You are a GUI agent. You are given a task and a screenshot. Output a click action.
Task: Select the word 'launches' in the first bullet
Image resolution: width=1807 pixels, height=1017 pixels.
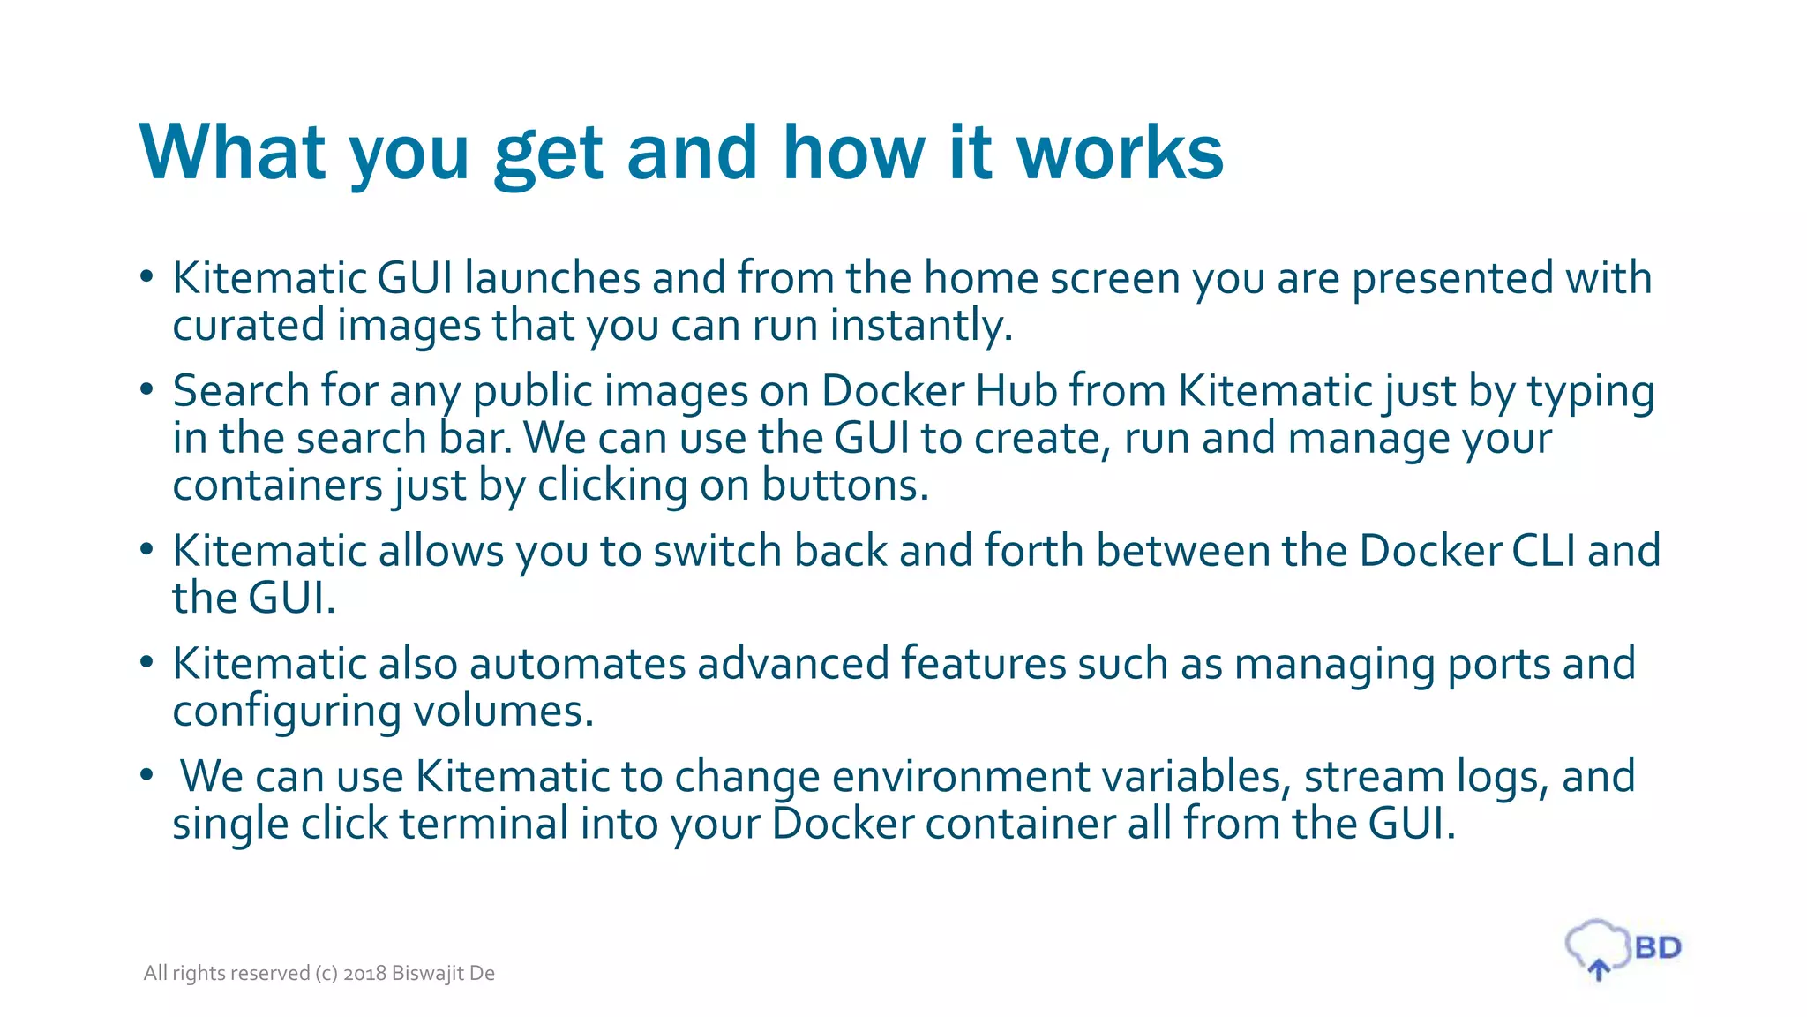(551, 278)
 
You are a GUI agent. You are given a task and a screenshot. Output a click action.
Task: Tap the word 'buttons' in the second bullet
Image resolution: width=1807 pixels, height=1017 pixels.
(844, 486)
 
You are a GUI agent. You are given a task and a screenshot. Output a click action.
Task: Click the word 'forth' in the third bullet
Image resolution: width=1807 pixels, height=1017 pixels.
(1033, 551)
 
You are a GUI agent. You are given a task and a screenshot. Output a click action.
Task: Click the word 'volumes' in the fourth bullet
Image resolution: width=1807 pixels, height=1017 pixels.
(501, 711)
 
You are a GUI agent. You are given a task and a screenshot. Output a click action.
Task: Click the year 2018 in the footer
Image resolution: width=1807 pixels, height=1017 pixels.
(364, 973)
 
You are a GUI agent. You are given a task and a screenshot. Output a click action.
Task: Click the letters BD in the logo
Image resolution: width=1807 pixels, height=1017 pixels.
(1658, 948)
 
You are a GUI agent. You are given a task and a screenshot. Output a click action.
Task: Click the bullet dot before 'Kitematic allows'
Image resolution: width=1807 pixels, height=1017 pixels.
(146, 550)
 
